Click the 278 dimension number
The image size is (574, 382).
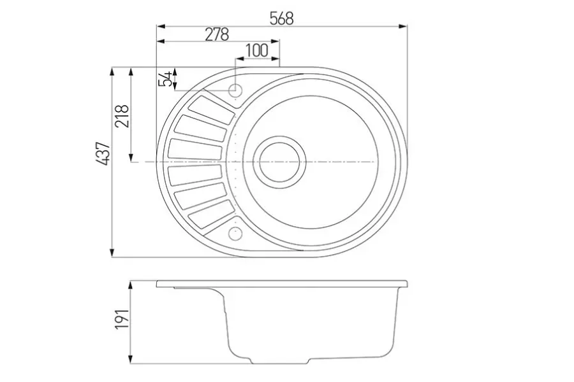[217, 34]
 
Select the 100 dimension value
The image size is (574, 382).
[256, 50]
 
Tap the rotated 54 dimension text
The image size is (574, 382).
[166, 79]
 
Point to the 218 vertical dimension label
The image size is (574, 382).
[122, 115]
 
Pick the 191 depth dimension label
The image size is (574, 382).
[122, 318]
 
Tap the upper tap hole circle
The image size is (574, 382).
[235, 90]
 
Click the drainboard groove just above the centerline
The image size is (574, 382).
[196, 149]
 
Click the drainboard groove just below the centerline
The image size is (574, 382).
[196, 173]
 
